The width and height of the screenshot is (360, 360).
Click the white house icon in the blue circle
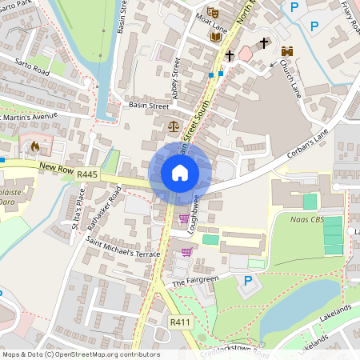coord(180,173)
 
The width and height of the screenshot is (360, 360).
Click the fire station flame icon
coord(34,146)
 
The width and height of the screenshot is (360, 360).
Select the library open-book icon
coord(214,36)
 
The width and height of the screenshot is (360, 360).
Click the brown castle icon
coord(287,50)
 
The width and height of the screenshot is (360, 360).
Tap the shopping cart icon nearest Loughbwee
coord(184,218)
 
